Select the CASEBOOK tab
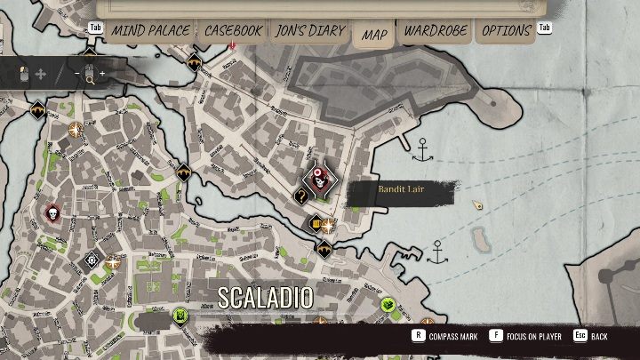pyautogui.click(x=233, y=31)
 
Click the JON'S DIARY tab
pyautogui.click(x=310, y=31)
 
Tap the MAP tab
pyautogui.click(x=374, y=35)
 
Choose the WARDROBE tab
pyautogui.click(x=436, y=31)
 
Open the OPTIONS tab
pyautogui.click(x=506, y=31)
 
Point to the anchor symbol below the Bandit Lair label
pyautogui.click(x=436, y=252)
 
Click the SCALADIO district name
pyautogui.click(x=266, y=298)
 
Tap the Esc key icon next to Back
pyautogui.click(x=580, y=337)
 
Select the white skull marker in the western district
pyautogui.click(x=52, y=213)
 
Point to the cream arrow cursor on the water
pyautogui.click(x=478, y=205)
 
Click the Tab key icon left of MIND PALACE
pyautogui.click(x=97, y=28)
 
